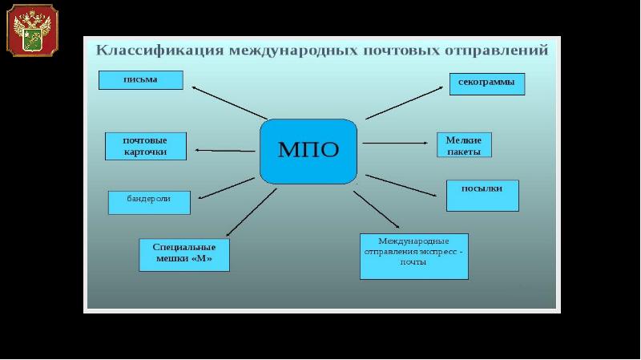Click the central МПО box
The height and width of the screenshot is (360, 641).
point(308,150)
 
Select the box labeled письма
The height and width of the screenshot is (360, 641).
point(141,79)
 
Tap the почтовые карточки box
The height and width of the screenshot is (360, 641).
point(145,146)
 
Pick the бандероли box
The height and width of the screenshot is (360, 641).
point(149,202)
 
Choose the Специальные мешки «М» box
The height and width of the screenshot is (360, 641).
point(183,254)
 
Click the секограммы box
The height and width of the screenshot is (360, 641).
point(486,83)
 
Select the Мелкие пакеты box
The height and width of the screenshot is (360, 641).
point(463,144)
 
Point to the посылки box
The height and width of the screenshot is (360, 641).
point(482,195)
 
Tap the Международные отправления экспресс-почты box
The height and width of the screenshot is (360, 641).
point(413,256)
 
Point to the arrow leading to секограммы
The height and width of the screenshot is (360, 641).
point(405,102)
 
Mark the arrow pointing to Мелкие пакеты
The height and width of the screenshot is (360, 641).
point(394,144)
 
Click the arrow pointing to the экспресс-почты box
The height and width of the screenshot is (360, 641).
point(377,210)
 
